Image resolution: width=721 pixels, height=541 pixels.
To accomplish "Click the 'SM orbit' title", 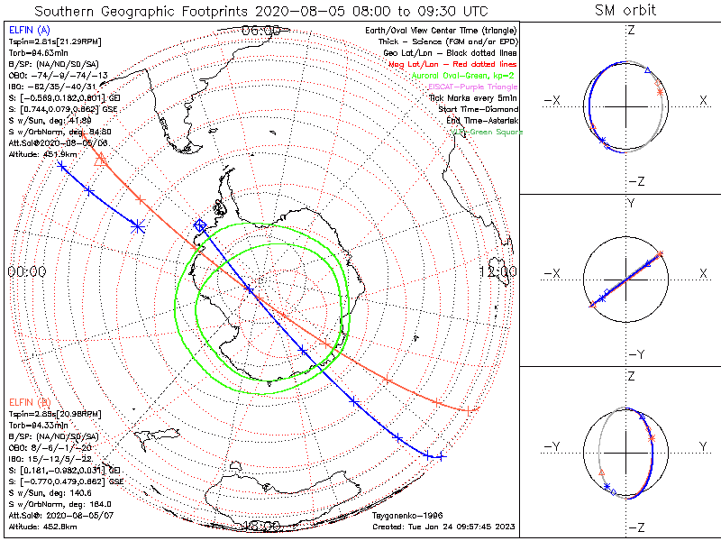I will (x=625, y=11).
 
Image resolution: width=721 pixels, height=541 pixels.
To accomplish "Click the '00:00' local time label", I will (x=26, y=271).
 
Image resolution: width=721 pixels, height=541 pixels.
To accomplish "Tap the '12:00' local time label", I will (x=497, y=271).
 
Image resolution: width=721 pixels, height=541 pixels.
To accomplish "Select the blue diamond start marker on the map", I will (x=200, y=225).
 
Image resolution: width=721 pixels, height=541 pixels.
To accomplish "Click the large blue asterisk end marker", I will (x=138, y=225).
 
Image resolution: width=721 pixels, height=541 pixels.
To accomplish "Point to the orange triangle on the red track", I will (x=100, y=160).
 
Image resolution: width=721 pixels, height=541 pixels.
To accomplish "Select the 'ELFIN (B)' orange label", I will (x=29, y=401).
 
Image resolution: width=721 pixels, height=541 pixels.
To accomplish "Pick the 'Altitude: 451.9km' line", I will (x=44, y=153).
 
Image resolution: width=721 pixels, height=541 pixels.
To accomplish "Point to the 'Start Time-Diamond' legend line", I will (x=479, y=109).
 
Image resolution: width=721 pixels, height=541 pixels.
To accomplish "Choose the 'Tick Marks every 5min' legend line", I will (x=475, y=97).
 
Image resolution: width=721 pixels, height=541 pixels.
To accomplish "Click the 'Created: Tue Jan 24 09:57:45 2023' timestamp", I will (x=443, y=527).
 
